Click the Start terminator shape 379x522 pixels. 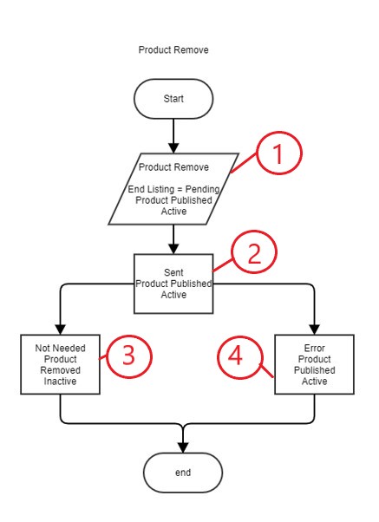pyautogui.click(x=173, y=99)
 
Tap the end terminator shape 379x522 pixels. pyautogui.click(x=183, y=473)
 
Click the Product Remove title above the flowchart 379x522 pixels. pyautogui.click(x=173, y=50)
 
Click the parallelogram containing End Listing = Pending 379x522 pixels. pyautogui.click(x=173, y=189)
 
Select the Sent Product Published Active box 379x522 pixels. pyautogui.click(x=173, y=284)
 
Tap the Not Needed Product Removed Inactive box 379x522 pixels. pyautogui.click(x=61, y=364)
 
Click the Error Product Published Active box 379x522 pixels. pyautogui.click(x=315, y=364)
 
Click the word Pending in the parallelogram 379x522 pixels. pyautogui.click(x=202, y=189)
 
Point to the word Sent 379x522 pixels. pyautogui.click(x=173, y=272)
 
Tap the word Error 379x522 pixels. pyautogui.click(x=315, y=348)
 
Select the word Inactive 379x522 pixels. pyautogui.click(x=61, y=381)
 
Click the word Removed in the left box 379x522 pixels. pyautogui.click(x=61, y=370)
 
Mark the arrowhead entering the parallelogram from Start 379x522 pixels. pyautogui.click(x=173, y=148)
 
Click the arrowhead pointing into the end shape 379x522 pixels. pyautogui.click(x=183, y=447)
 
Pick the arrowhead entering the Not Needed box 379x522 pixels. pyautogui.click(x=61, y=330)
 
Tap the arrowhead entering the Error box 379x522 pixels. pyautogui.click(x=315, y=330)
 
